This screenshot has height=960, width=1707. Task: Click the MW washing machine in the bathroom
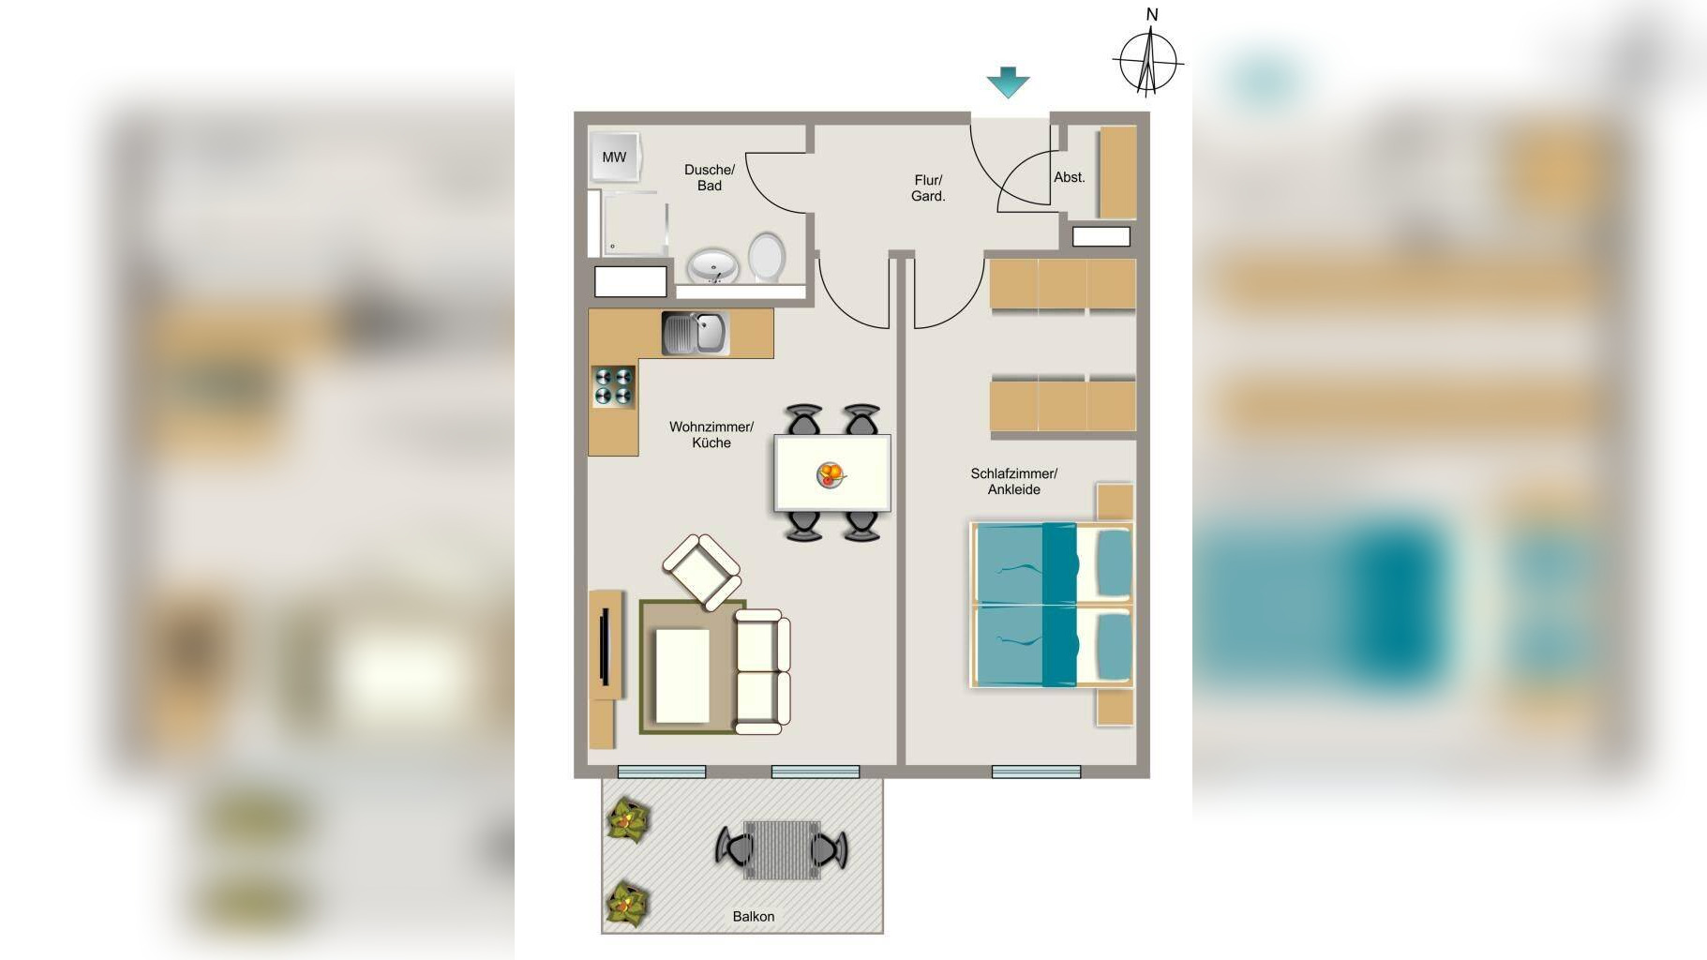point(615,157)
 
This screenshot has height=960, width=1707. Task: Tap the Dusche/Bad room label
point(710,177)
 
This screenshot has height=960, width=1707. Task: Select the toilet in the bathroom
point(766,256)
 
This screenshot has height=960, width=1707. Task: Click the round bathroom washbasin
point(713,265)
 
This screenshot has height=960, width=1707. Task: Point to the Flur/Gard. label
point(928,187)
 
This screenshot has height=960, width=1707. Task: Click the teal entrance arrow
point(1009,82)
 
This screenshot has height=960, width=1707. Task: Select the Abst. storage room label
point(1070,177)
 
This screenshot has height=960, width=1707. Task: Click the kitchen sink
point(695,333)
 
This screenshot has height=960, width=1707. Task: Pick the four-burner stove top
point(614,386)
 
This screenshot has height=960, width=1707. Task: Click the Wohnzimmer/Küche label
point(711,434)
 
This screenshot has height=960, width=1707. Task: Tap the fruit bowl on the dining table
point(831,474)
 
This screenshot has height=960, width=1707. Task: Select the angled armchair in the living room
point(701,571)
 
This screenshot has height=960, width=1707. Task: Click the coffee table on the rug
point(682,675)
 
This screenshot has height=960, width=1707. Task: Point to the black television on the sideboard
point(606,647)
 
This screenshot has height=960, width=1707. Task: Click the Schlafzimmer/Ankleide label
point(1013,481)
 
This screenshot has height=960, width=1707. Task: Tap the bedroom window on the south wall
point(1036,772)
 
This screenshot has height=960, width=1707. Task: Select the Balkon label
point(754,916)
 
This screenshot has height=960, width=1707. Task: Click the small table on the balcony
point(782,850)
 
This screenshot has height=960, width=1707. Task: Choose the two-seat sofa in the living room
point(761,671)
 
